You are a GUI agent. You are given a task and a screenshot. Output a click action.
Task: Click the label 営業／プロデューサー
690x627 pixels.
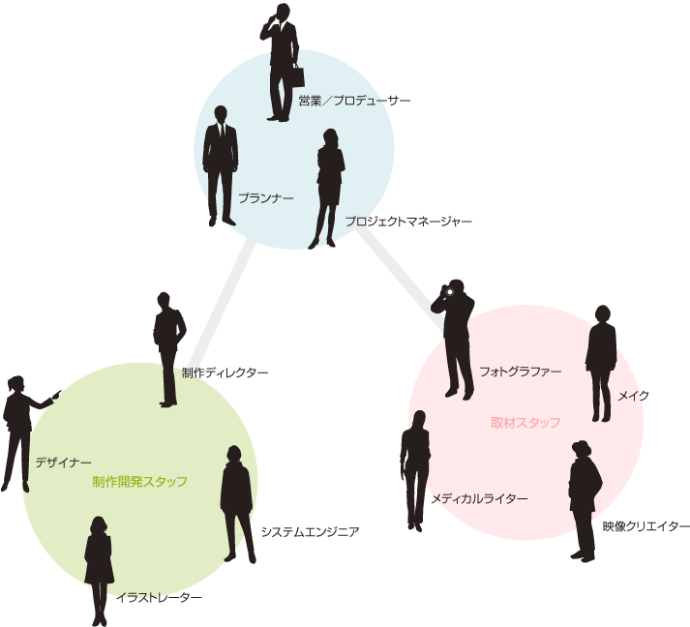(353, 101)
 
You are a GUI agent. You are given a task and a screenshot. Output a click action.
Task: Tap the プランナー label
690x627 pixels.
(265, 197)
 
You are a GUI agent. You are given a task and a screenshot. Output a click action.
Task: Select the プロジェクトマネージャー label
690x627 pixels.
(408, 222)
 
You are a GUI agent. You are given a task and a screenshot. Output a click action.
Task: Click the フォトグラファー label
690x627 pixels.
(520, 371)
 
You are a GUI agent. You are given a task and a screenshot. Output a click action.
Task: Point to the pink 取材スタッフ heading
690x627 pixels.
(525, 423)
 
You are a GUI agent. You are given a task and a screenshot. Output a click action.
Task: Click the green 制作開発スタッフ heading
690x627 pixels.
(139, 481)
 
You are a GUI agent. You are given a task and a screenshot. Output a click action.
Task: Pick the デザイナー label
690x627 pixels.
(63, 463)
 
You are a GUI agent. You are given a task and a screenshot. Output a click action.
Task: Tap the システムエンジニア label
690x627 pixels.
(310, 531)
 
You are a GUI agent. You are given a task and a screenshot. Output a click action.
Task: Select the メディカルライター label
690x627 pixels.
(480, 498)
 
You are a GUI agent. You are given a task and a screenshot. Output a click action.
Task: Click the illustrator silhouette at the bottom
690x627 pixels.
(99, 567)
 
